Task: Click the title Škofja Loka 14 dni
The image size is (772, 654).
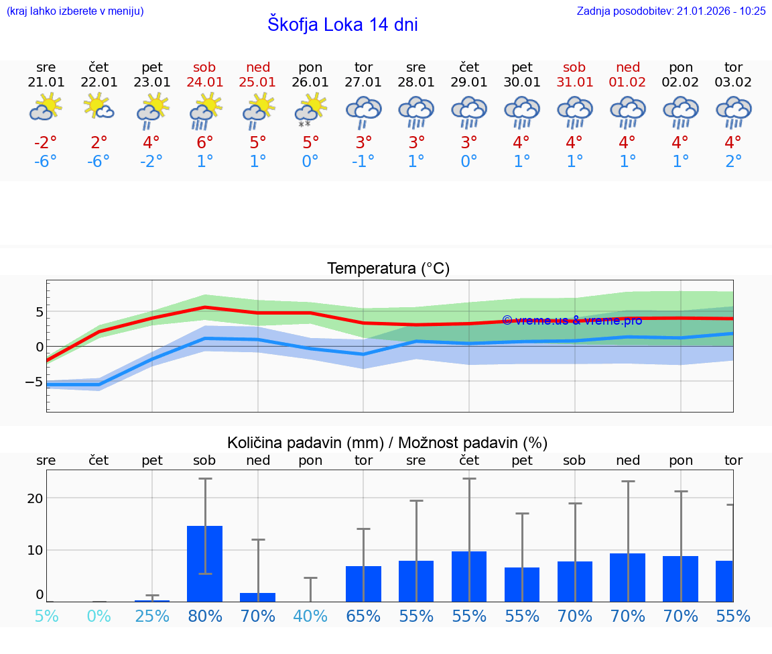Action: [x=342, y=25]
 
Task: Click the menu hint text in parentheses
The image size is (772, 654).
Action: [x=75, y=11]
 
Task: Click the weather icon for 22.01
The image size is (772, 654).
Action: [x=99, y=107]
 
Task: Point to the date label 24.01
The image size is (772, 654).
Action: [x=205, y=82]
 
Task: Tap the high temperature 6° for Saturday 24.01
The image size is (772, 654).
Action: [x=205, y=142]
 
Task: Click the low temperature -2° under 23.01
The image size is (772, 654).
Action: [x=151, y=162]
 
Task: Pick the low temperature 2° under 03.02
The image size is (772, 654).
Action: [x=733, y=162]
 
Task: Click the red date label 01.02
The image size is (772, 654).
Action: [x=628, y=82]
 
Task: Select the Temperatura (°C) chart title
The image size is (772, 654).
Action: [x=388, y=269]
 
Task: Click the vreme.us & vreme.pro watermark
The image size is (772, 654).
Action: [x=572, y=321]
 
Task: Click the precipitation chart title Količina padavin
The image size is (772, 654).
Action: [x=387, y=443]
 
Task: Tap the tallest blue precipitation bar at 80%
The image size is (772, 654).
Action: [x=205, y=563]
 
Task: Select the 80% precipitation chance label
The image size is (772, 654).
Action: [x=205, y=616]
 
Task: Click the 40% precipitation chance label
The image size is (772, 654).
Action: [x=311, y=616]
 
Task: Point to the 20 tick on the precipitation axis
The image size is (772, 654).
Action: [x=35, y=498]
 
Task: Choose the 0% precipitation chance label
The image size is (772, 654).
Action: [x=99, y=616]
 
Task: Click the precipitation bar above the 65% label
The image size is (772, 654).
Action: [x=363, y=584]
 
